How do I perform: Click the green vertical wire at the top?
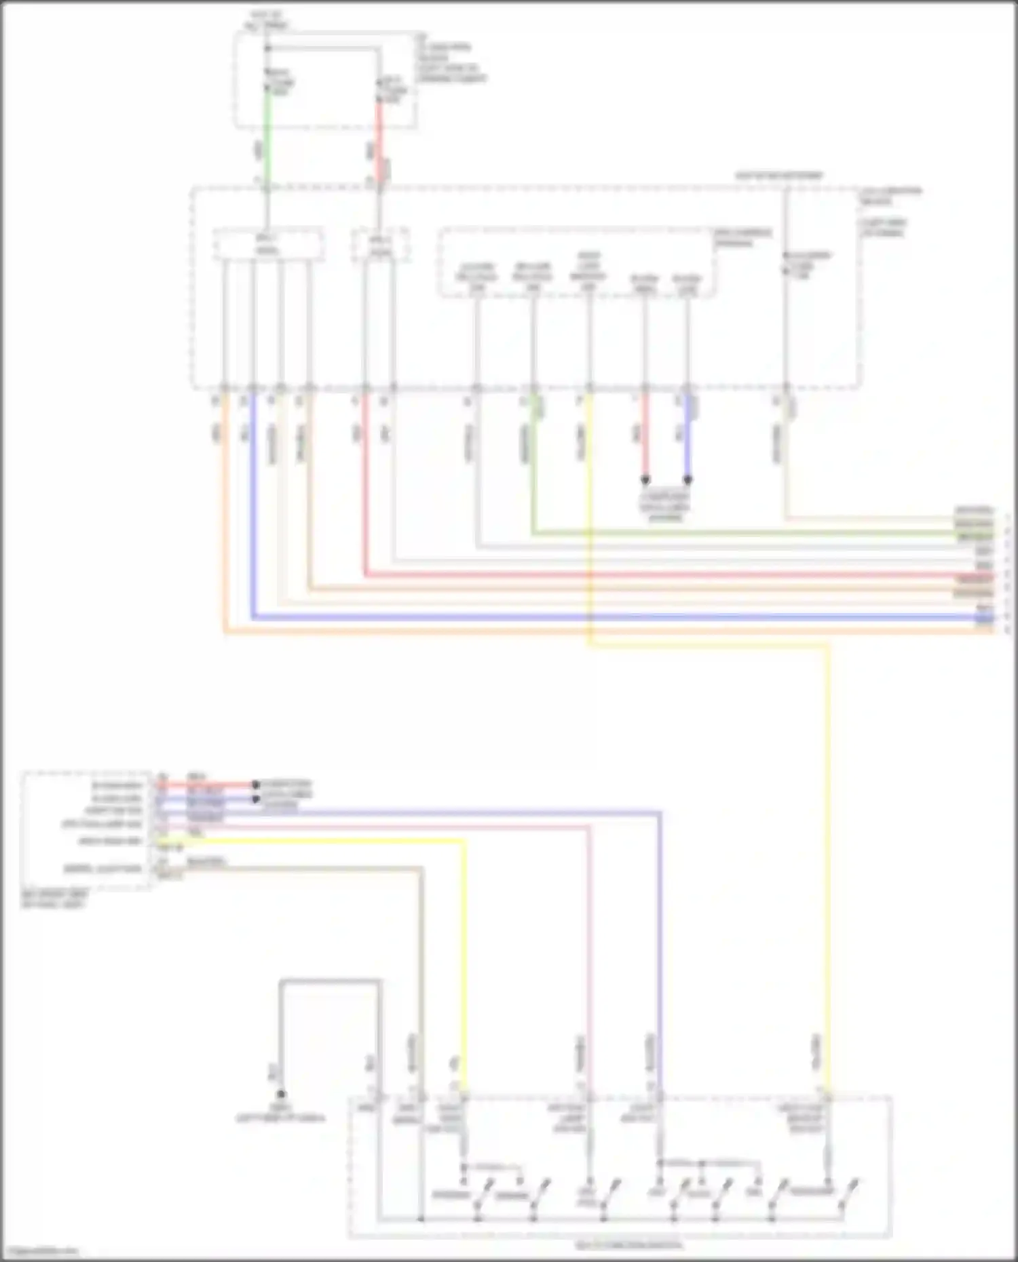coord(267,136)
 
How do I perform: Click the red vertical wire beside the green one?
coord(379,136)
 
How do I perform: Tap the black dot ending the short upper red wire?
coord(645,479)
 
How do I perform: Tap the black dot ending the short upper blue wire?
coord(687,479)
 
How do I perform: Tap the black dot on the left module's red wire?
coord(256,785)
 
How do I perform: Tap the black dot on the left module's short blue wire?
coord(256,799)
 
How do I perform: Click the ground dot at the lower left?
coord(280,1094)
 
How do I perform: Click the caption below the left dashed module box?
coord(54,899)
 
